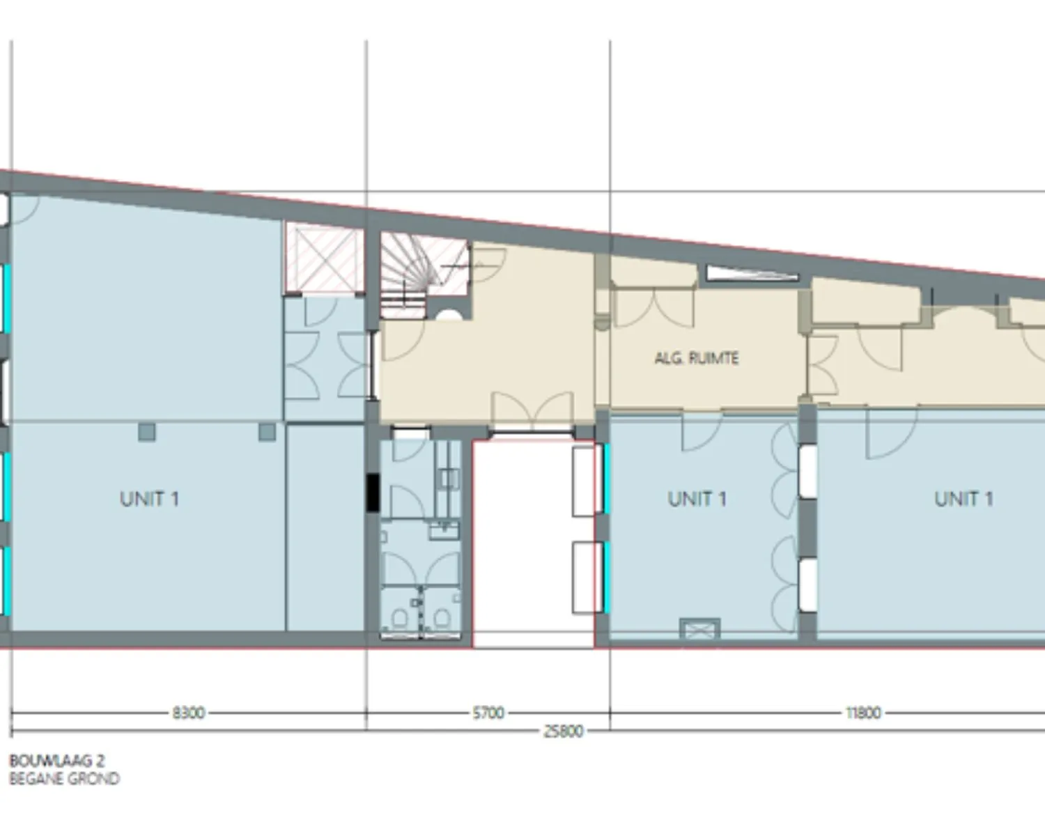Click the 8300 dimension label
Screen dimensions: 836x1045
188,713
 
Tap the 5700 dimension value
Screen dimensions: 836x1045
488,713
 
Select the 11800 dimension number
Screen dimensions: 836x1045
863,713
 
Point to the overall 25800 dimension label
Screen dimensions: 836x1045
563,731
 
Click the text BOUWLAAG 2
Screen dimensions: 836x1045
57,761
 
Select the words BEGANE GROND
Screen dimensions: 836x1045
64,778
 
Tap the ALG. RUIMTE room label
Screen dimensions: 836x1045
696,358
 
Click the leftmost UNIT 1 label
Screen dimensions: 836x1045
149,499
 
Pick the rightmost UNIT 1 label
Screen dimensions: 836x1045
963,499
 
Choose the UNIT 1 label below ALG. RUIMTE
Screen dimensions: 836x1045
697,499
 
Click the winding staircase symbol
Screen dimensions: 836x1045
414,268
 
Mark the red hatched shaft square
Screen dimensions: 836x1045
325,258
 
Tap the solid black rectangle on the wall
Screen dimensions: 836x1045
373,493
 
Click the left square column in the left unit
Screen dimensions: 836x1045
147,432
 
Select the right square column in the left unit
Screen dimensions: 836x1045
267,432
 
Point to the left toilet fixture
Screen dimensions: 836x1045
400,617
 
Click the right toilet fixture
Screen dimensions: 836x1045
441,617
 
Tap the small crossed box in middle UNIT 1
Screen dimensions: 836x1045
700,628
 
